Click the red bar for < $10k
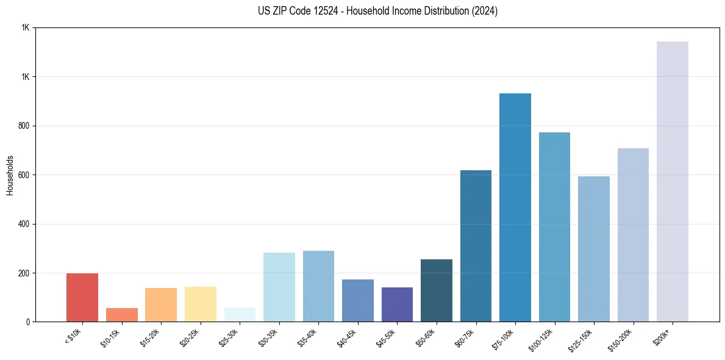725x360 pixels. click(82, 297)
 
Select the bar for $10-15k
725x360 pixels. click(122, 315)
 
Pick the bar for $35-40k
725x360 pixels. click(318, 286)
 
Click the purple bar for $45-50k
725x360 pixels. click(397, 304)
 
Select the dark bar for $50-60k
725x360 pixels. click(437, 290)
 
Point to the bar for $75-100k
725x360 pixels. click(515, 207)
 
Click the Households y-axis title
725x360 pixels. click(10, 175)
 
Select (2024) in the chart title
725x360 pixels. click(484, 11)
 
